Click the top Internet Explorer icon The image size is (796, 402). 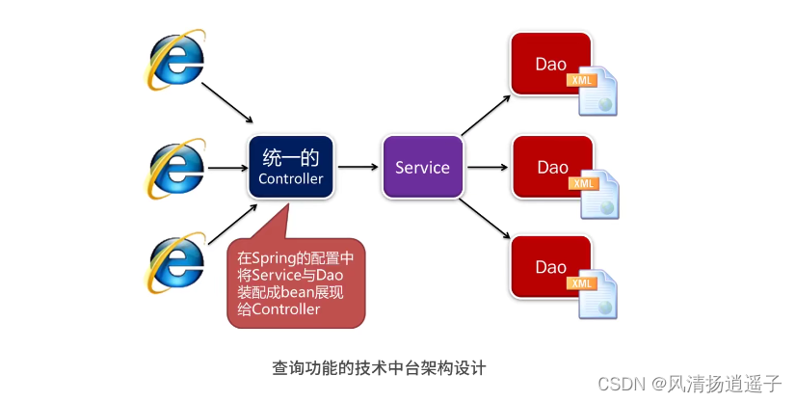[x=175, y=60]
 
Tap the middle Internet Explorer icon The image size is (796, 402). [x=175, y=169]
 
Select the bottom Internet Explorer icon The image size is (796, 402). [x=175, y=262]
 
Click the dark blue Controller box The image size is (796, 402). [x=290, y=167]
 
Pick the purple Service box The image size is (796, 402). [x=422, y=167]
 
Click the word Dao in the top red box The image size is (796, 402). [x=551, y=64]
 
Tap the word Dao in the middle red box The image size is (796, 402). [x=553, y=168]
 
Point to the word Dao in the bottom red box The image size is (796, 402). [x=551, y=267]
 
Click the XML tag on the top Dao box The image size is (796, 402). [x=582, y=80]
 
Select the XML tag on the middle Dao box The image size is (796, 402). [x=584, y=183]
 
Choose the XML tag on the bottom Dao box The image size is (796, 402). [x=582, y=283]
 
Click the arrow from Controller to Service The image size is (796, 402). [x=358, y=167]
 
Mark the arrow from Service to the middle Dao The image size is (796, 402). [x=488, y=167]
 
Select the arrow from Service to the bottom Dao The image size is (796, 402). [x=485, y=219]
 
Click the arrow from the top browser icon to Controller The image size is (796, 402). [x=227, y=103]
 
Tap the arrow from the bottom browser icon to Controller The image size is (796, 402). [x=232, y=224]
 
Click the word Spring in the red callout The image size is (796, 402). [x=274, y=258]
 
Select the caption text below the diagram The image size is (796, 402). [x=379, y=367]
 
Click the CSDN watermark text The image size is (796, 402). [x=689, y=384]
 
